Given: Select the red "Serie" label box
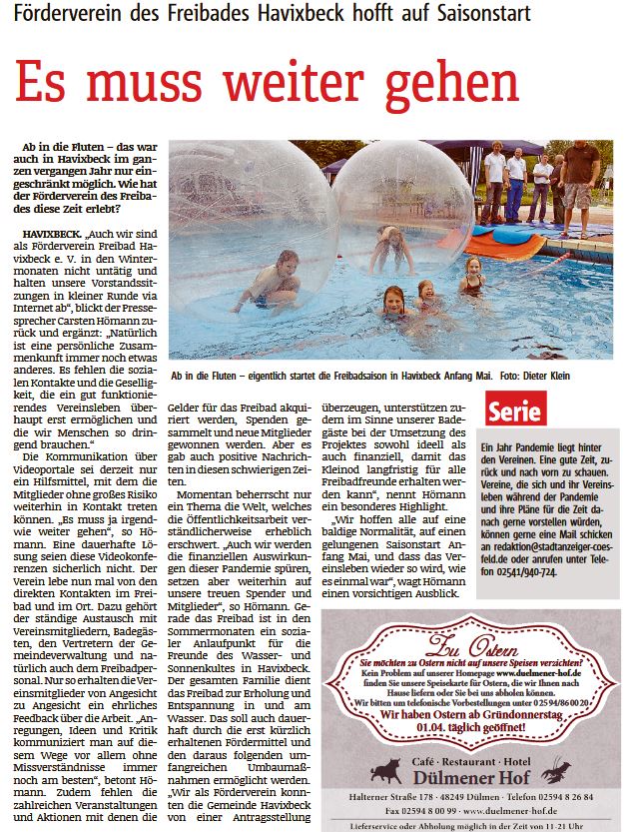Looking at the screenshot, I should [516, 409].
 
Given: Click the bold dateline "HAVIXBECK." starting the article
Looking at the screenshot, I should [51, 232].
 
